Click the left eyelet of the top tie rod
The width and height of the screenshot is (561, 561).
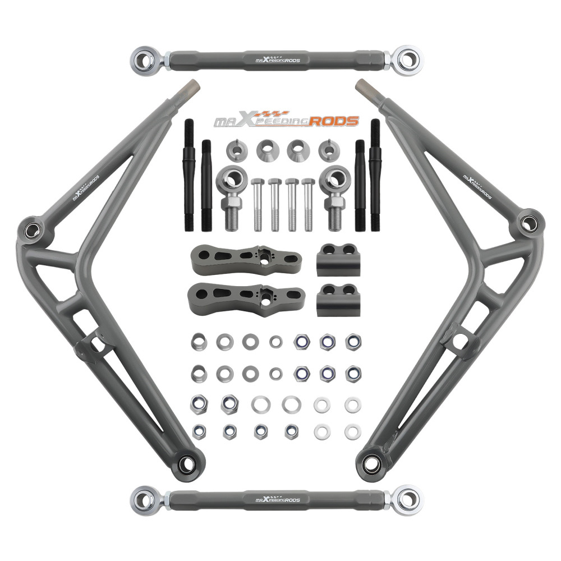tap(144, 58)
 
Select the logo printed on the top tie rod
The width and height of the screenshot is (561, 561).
tap(277, 59)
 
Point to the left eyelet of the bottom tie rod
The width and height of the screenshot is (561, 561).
tap(144, 498)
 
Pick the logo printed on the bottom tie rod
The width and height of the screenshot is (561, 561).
tap(277, 499)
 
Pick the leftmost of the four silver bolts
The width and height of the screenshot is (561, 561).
tap(257, 204)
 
